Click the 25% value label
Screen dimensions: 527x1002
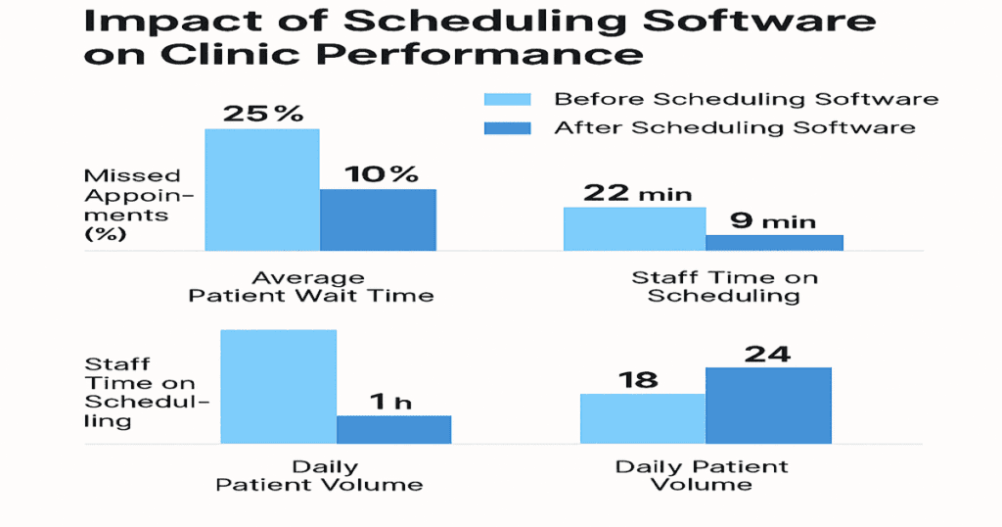point(263,113)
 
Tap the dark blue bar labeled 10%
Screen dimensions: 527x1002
point(378,219)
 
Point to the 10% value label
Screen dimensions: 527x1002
point(381,174)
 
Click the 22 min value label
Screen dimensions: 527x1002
point(637,193)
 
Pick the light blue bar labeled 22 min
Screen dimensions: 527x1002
point(634,228)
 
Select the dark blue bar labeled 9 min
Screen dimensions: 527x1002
point(774,242)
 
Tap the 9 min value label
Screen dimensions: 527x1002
point(774,221)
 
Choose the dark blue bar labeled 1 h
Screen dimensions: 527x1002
point(393,429)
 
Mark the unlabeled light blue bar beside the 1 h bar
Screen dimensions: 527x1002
point(279,386)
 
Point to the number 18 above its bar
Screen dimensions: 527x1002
point(638,379)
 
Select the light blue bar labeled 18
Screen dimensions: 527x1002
point(642,418)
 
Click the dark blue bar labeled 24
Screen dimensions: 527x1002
point(767,405)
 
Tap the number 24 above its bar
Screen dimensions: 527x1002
point(767,354)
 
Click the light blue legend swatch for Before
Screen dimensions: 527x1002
point(508,99)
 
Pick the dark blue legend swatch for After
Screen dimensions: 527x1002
point(508,127)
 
